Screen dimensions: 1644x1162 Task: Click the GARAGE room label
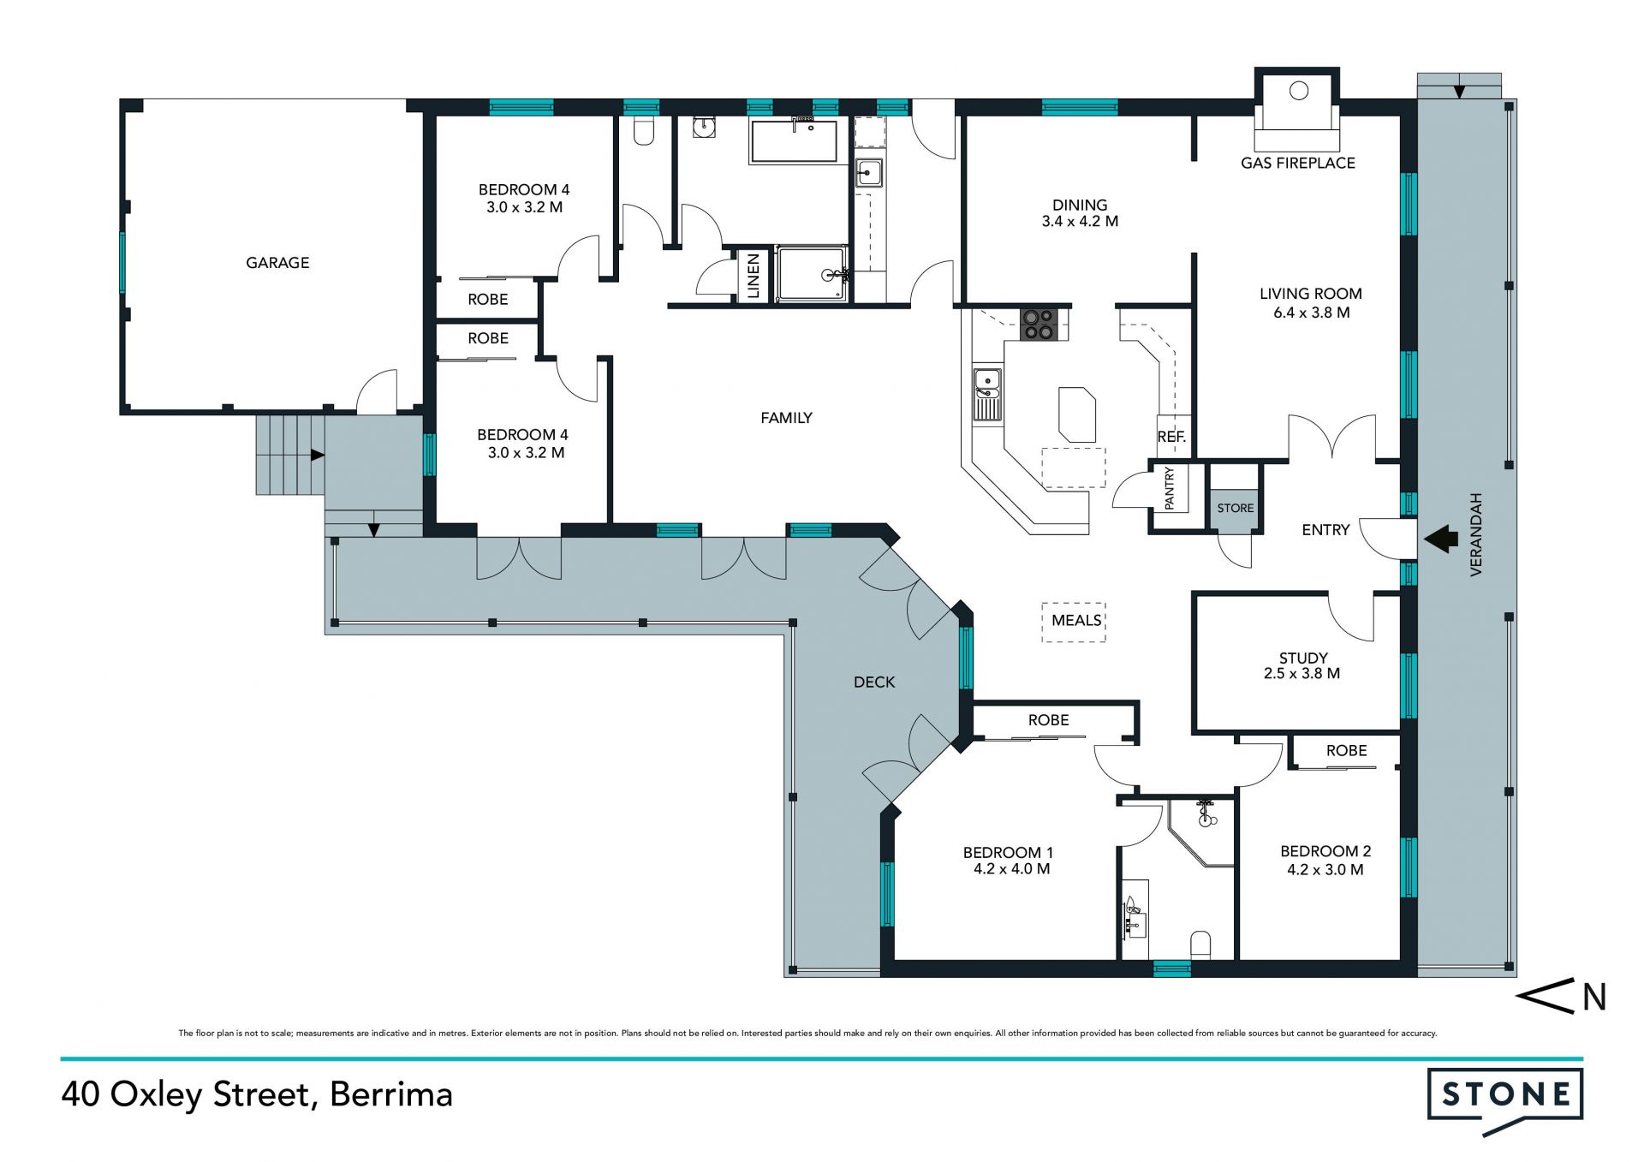click(x=277, y=263)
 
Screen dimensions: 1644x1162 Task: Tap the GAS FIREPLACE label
click(x=1298, y=163)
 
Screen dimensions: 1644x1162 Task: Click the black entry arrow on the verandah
click(x=1441, y=539)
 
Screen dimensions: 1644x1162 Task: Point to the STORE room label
click(x=1235, y=508)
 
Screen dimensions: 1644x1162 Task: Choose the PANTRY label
click(x=1170, y=488)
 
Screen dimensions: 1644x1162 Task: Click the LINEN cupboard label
click(x=753, y=276)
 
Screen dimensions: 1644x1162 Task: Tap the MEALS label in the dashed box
click(x=1076, y=620)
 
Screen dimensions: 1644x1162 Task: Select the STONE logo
click(x=1505, y=1099)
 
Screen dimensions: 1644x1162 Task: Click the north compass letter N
click(x=1593, y=998)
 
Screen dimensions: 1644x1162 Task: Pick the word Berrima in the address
click(x=391, y=1094)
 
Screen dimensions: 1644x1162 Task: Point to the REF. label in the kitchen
click(x=1171, y=437)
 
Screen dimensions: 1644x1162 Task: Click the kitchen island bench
click(x=1077, y=414)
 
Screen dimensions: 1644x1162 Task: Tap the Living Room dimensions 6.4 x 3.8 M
click(x=1311, y=313)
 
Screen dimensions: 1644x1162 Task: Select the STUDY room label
click(x=1303, y=658)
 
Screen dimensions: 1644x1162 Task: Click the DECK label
click(x=874, y=682)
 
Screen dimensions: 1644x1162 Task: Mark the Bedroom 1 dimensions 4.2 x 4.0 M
click(x=1011, y=868)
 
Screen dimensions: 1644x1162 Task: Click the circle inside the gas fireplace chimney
click(x=1299, y=91)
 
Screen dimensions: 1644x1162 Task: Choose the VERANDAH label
click(x=1475, y=534)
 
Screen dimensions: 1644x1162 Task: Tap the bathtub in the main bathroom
click(x=794, y=141)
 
